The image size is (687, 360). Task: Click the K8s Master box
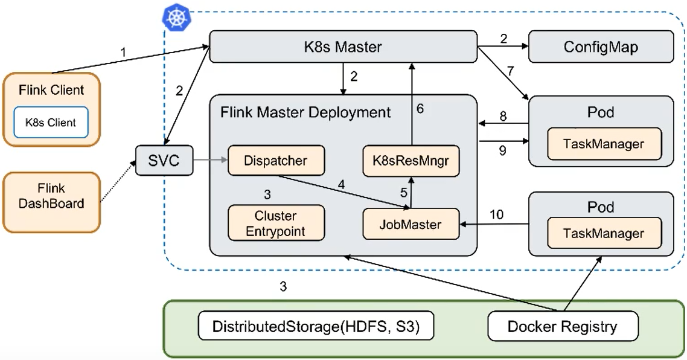click(342, 47)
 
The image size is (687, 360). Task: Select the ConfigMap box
click(601, 47)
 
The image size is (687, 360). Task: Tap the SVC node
click(164, 161)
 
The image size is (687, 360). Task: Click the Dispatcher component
click(276, 161)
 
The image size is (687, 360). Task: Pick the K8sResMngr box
click(411, 161)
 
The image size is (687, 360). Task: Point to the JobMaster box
click(411, 224)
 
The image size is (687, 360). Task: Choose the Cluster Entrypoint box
click(276, 223)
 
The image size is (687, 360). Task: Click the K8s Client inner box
click(50, 123)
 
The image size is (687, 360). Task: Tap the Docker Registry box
click(562, 327)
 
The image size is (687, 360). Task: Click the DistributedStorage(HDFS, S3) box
click(316, 327)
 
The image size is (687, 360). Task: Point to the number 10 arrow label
click(496, 214)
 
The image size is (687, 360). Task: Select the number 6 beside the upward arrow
click(421, 109)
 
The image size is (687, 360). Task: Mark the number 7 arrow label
click(511, 72)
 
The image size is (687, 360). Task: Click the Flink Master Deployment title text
click(305, 112)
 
